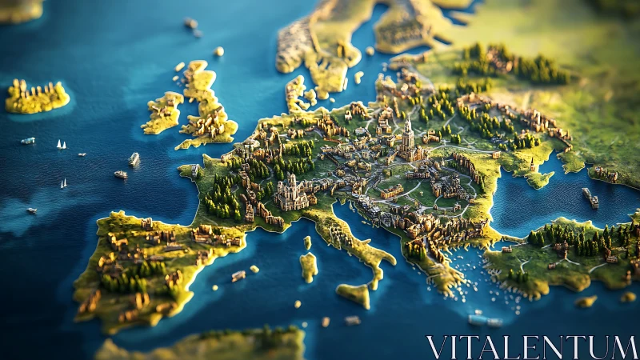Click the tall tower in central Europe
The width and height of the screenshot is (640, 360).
408,136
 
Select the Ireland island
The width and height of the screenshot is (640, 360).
163,112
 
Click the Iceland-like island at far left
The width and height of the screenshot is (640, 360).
36,97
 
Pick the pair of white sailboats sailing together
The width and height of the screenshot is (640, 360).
60,145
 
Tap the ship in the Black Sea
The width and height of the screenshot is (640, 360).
590,198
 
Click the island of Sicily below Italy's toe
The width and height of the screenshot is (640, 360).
354,294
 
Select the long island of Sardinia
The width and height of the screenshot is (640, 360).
309,267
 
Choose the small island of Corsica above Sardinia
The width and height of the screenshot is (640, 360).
307,242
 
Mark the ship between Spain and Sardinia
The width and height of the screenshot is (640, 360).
238,276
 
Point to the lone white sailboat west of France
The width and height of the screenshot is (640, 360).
63,183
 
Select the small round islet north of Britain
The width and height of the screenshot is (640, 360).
218,51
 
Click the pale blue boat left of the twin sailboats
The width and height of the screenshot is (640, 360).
28,141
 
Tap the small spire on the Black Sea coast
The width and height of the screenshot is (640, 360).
531,164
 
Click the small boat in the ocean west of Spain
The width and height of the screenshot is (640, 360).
32,210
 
